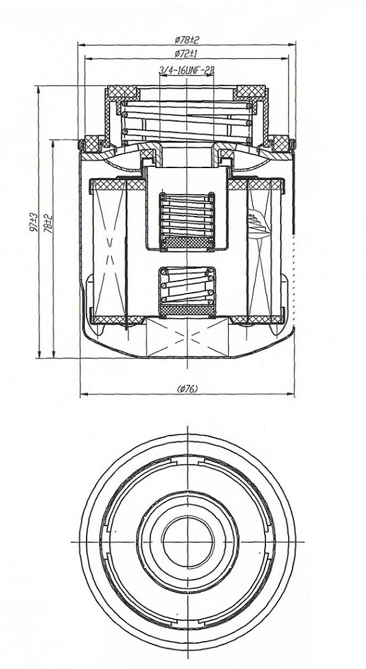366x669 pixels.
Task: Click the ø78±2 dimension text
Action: click(x=187, y=39)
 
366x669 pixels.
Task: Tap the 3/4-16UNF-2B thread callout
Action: click(x=187, y=71)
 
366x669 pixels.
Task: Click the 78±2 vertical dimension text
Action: click(x=49, y=222)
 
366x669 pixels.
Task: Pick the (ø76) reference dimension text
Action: click(x=187, y=388)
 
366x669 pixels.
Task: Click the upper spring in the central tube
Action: click(x=187, y=215)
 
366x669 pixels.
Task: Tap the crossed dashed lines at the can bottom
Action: click(x=187, y=337)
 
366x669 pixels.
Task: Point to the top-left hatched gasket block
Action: click(x=122, y=92)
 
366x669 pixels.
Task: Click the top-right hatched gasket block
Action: click(x=251, y=92)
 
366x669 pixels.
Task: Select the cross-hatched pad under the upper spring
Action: click(x=187, y=242)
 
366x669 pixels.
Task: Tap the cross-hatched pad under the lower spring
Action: click(x=187, y=310)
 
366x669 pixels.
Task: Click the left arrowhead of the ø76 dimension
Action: click(x=84, y=394)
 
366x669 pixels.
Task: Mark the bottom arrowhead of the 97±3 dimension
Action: click(x=39, y=354)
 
